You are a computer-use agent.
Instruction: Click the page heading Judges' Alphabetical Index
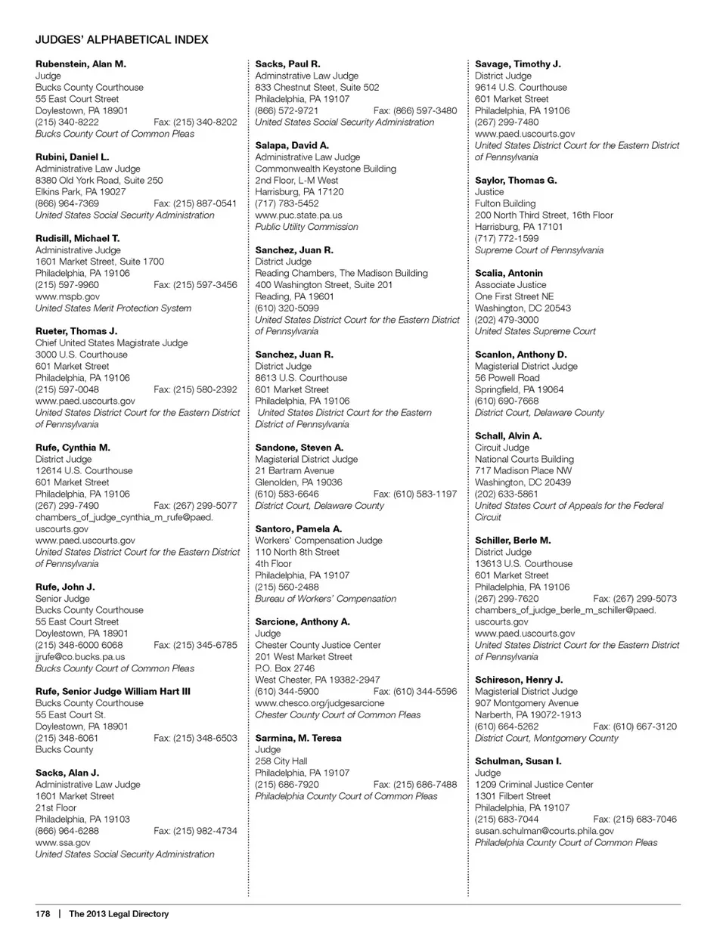click(x=122, y=39)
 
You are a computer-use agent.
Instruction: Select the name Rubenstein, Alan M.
click(x=81, y=64)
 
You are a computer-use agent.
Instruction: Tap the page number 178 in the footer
click(x=42, y=914)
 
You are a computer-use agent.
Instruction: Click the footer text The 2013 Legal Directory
click(x=119, y=914)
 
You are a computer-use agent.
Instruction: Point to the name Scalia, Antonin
click(x=509, y=274)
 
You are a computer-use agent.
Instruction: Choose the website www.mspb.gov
click(x=67, y=297)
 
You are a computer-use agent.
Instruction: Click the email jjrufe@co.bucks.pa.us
click(x=80, y=657)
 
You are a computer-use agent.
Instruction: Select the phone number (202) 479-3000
click(x=507, y=320)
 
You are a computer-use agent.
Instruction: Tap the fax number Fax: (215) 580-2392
click(x=195, y=390)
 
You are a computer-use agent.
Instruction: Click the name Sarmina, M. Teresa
click(x=298, y=739)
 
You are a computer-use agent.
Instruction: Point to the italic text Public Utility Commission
click(x=306, y=227)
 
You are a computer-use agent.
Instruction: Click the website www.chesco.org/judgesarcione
click(x=320, y=703)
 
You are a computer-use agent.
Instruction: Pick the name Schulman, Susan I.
click(x=518, y=761)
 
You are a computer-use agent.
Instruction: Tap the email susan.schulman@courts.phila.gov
click(x=544, y=831)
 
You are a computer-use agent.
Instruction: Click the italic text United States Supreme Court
click(x=535, y=331)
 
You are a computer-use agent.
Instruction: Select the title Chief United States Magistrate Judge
click(x=112, y=343)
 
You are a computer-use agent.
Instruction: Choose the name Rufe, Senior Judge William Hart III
click(x=113, y=692)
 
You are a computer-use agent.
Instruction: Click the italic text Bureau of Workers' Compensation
click(x=326, y=599)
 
